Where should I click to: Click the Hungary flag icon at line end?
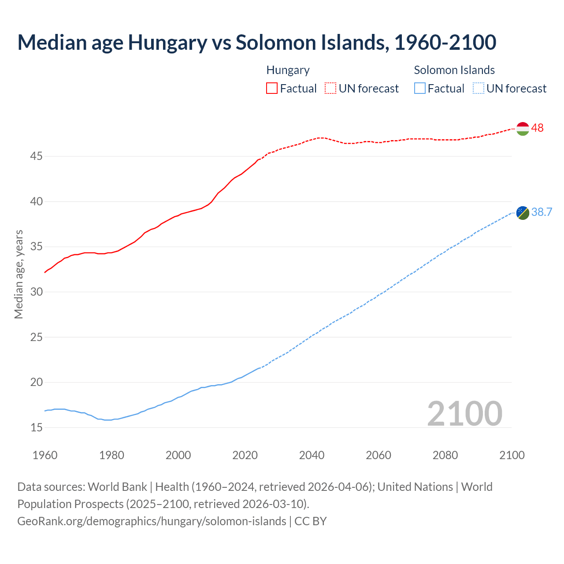522,128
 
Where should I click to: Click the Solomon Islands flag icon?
522,212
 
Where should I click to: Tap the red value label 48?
537,128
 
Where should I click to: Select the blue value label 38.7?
542,212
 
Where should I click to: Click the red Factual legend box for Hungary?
271,88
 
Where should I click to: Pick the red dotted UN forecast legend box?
330,88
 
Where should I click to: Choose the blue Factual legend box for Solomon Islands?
419,88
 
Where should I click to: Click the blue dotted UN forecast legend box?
478,88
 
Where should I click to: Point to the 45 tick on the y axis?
37,156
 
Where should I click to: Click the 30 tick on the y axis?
37,292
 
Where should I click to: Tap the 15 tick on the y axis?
37,427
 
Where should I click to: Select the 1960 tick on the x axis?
45,455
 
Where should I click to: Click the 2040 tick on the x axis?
312,455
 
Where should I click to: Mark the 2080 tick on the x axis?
445,455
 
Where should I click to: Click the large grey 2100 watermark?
464,413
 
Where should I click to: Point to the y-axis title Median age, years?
19,274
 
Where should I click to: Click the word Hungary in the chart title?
167,42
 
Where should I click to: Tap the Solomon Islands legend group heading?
454,70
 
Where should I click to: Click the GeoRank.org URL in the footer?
152,521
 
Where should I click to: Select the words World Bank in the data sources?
117,487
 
